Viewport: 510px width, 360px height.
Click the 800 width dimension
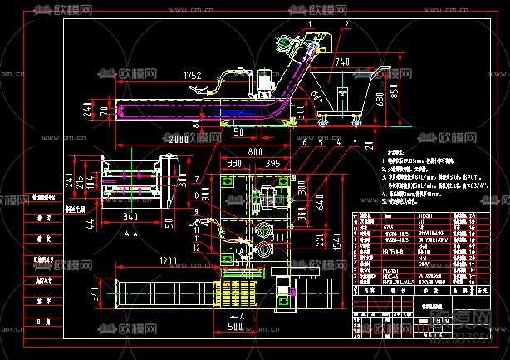pyautogui.click(x=256, y=153)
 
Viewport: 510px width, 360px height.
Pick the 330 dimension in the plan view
pyautogui.click(x=236, y=165)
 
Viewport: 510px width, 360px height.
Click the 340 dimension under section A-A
pyautogui.click(x=130, y=217)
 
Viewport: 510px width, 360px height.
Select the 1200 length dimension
pyautogui.click(x=170, y=262)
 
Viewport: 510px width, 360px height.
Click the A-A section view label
pyautogui.click(x=130, y=235)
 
